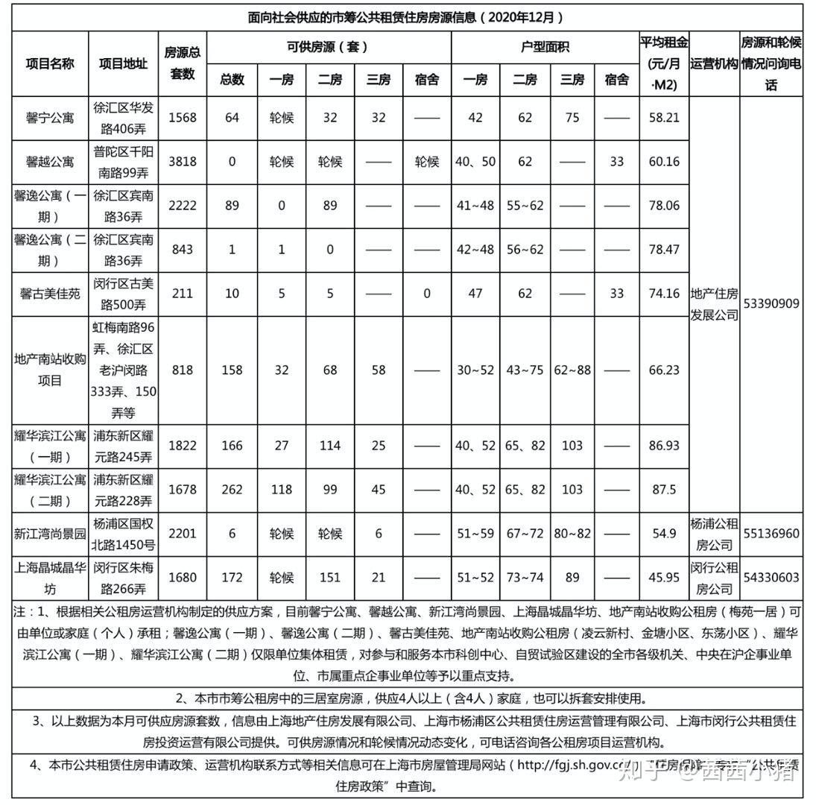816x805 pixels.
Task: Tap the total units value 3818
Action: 183,161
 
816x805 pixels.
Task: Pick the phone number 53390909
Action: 771,304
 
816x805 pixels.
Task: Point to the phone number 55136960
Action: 771,534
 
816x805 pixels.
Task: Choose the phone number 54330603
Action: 771,578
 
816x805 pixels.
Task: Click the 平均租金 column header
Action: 663,63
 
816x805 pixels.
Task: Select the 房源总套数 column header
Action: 183,63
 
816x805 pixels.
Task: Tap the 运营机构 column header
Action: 714,63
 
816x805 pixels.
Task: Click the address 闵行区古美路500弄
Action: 123,294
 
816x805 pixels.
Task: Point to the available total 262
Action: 233,490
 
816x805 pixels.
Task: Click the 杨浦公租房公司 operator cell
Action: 714,534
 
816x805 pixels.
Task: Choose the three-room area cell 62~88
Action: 572,370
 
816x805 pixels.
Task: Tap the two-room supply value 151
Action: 329,578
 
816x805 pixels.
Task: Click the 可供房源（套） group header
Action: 329,47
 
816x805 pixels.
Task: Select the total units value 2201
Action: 183,534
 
